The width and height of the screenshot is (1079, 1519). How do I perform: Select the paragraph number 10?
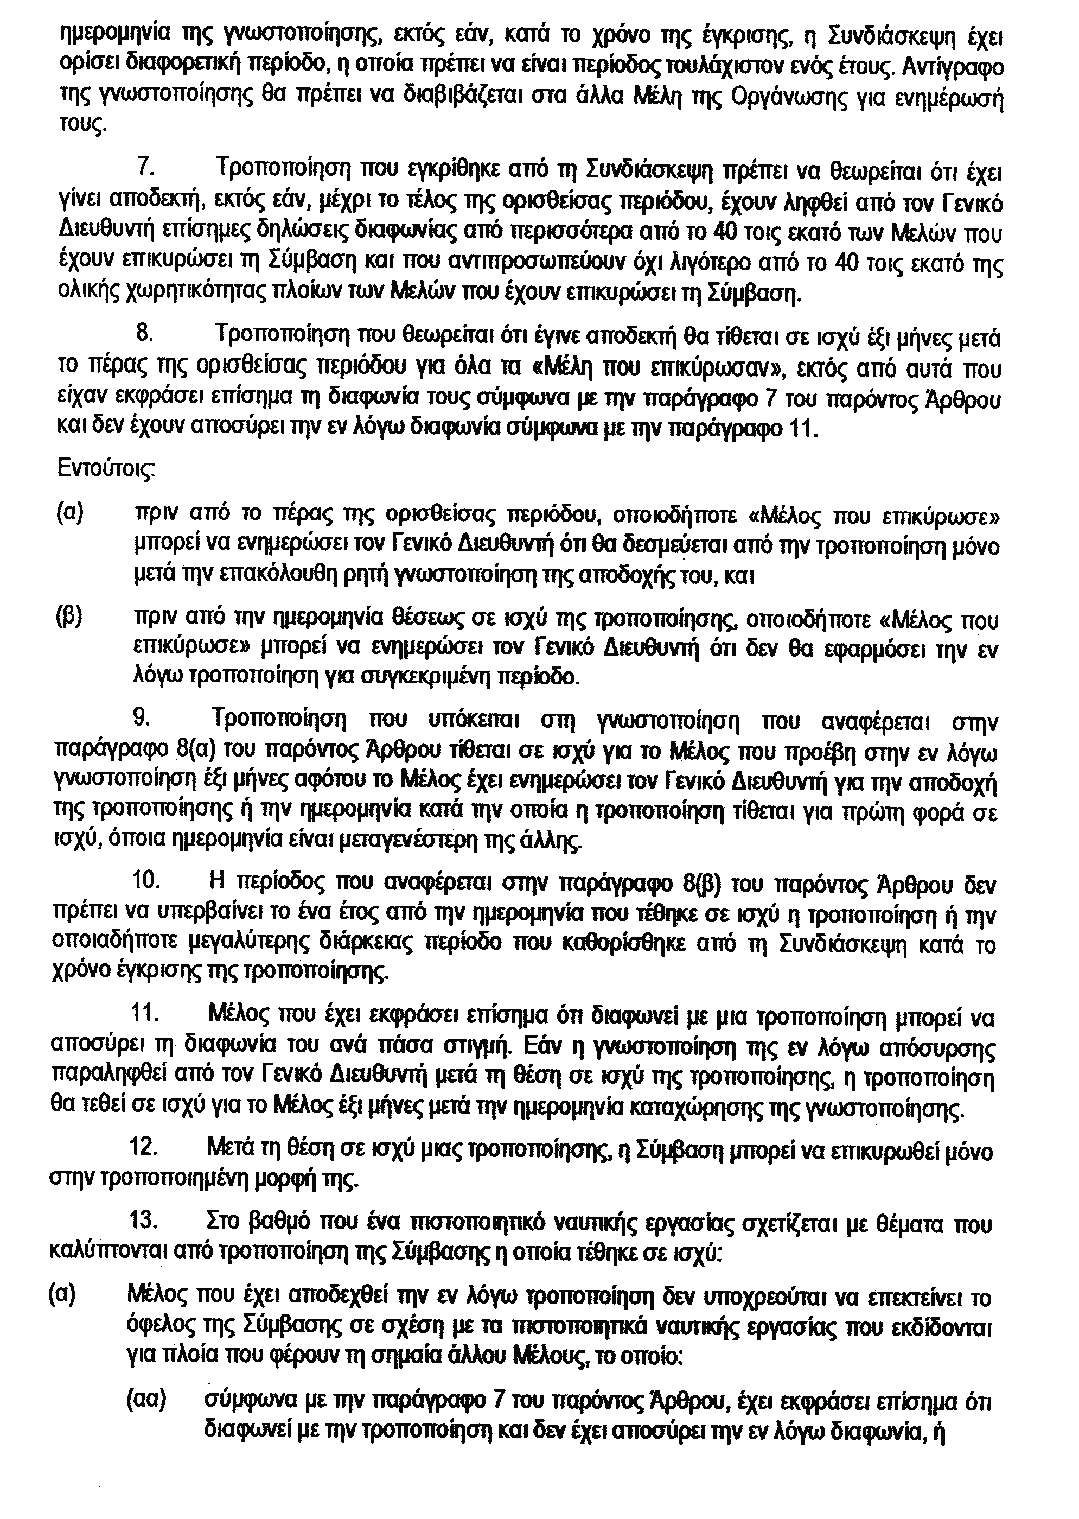click(145, 881)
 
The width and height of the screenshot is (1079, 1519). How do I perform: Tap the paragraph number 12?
click(144, 1148)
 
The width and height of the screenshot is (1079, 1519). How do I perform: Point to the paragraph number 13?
click(144, 1223)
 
